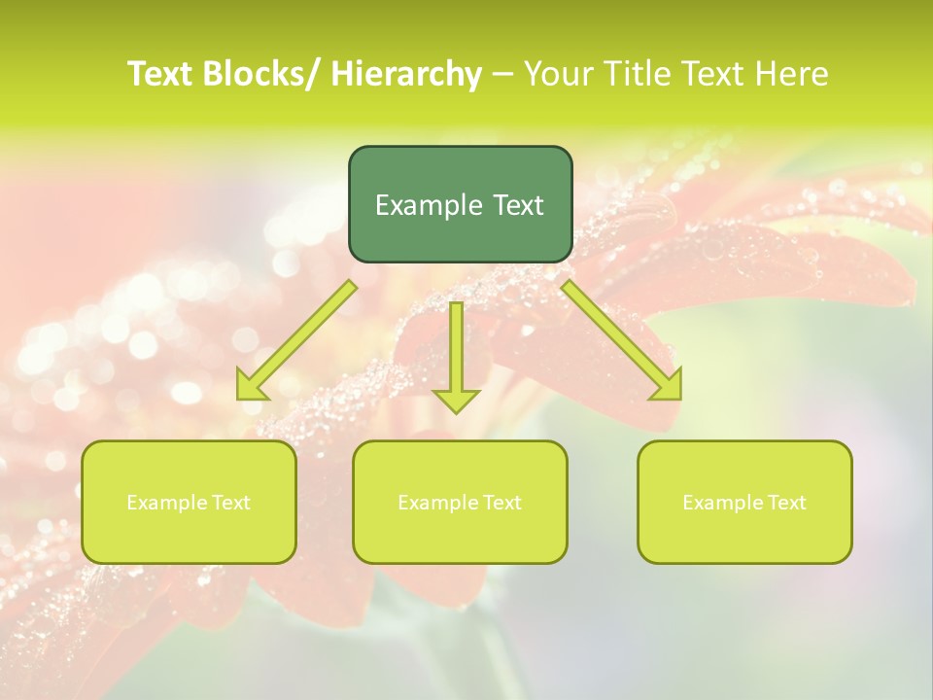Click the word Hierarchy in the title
coord(406,74)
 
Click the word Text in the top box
coord(517,205)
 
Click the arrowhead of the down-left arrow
coord(251,387)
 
